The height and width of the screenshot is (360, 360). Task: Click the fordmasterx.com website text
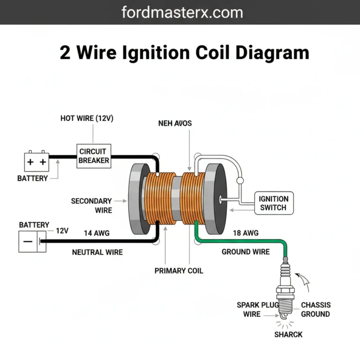pyautogui.click(x=182, y=12)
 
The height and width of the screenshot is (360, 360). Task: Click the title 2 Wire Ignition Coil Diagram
pyautogui.click(x=184, y=52)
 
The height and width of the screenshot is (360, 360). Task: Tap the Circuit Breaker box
pyautogui.click(x=94, y=156)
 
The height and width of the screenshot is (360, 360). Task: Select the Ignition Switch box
pyautogui.click(x=274, y=203)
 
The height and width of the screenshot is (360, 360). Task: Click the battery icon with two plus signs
pyautogui.click(x=37, y=162)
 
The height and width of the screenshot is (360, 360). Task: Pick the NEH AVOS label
pyautogui.click(x=175, y=123)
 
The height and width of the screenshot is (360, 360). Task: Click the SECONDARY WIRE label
pyautogui.click(x=91, y=206)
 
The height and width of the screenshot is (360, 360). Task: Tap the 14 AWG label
pyautogui.click(x=97, y=232)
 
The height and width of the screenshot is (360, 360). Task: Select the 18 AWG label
pyautogui.click(x=245, y=232)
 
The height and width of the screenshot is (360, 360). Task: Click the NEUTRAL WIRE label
pyautogui.click(x=97, y=252)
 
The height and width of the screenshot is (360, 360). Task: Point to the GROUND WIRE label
pyautogui.click(x=246, y=252)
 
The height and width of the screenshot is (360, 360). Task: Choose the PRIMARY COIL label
pyautogui.click(x=179, y=271)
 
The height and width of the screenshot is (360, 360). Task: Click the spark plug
pyautogui.click(x=285, y=291)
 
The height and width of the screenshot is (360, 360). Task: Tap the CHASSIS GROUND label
pyautogui.click(x=315, y=309)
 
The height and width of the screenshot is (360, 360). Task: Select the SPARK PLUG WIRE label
pyautogui.click(x=254, y=309)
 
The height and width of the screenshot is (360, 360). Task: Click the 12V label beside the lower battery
pyautogui.click(x=62, y=231)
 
